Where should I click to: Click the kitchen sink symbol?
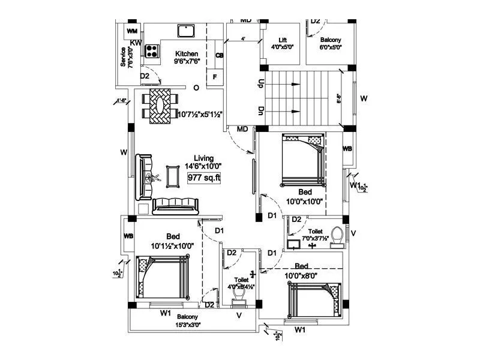(185, 31)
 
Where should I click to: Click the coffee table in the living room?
(173, 176)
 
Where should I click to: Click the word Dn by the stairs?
(261, 111)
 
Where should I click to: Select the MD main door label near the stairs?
(242, 129)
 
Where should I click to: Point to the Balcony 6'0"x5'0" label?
(330, 43)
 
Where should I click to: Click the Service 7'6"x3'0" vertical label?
(127, 59)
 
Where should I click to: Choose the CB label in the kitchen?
(220, 56)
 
